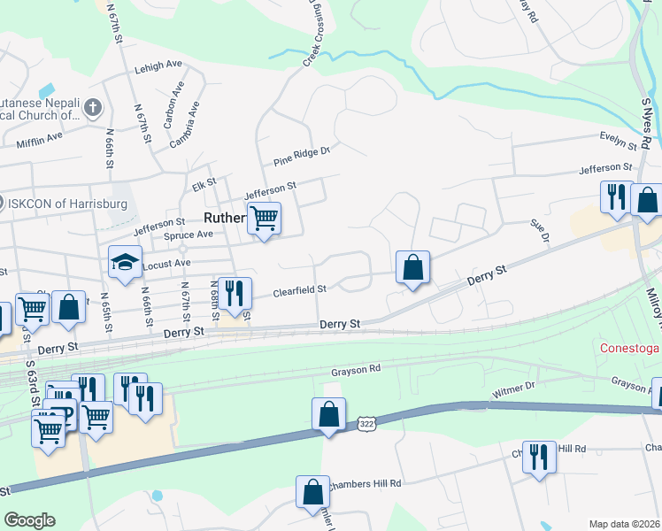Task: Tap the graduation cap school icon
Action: coord(125,262)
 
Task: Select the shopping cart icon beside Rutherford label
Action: coord(264,218)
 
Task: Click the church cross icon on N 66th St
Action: coord(95,108)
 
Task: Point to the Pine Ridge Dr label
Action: coord(301,156)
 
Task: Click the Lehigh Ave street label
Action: coord(158,67)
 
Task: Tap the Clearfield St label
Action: coord(300,289)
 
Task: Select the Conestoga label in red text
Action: coord(630,348)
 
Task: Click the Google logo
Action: coord(29,520)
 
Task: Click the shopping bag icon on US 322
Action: coord(327,413)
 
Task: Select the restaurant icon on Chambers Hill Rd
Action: coord(538,457)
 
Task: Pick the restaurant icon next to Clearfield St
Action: coord(235,293)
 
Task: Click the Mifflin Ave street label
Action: coord(39,137)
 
